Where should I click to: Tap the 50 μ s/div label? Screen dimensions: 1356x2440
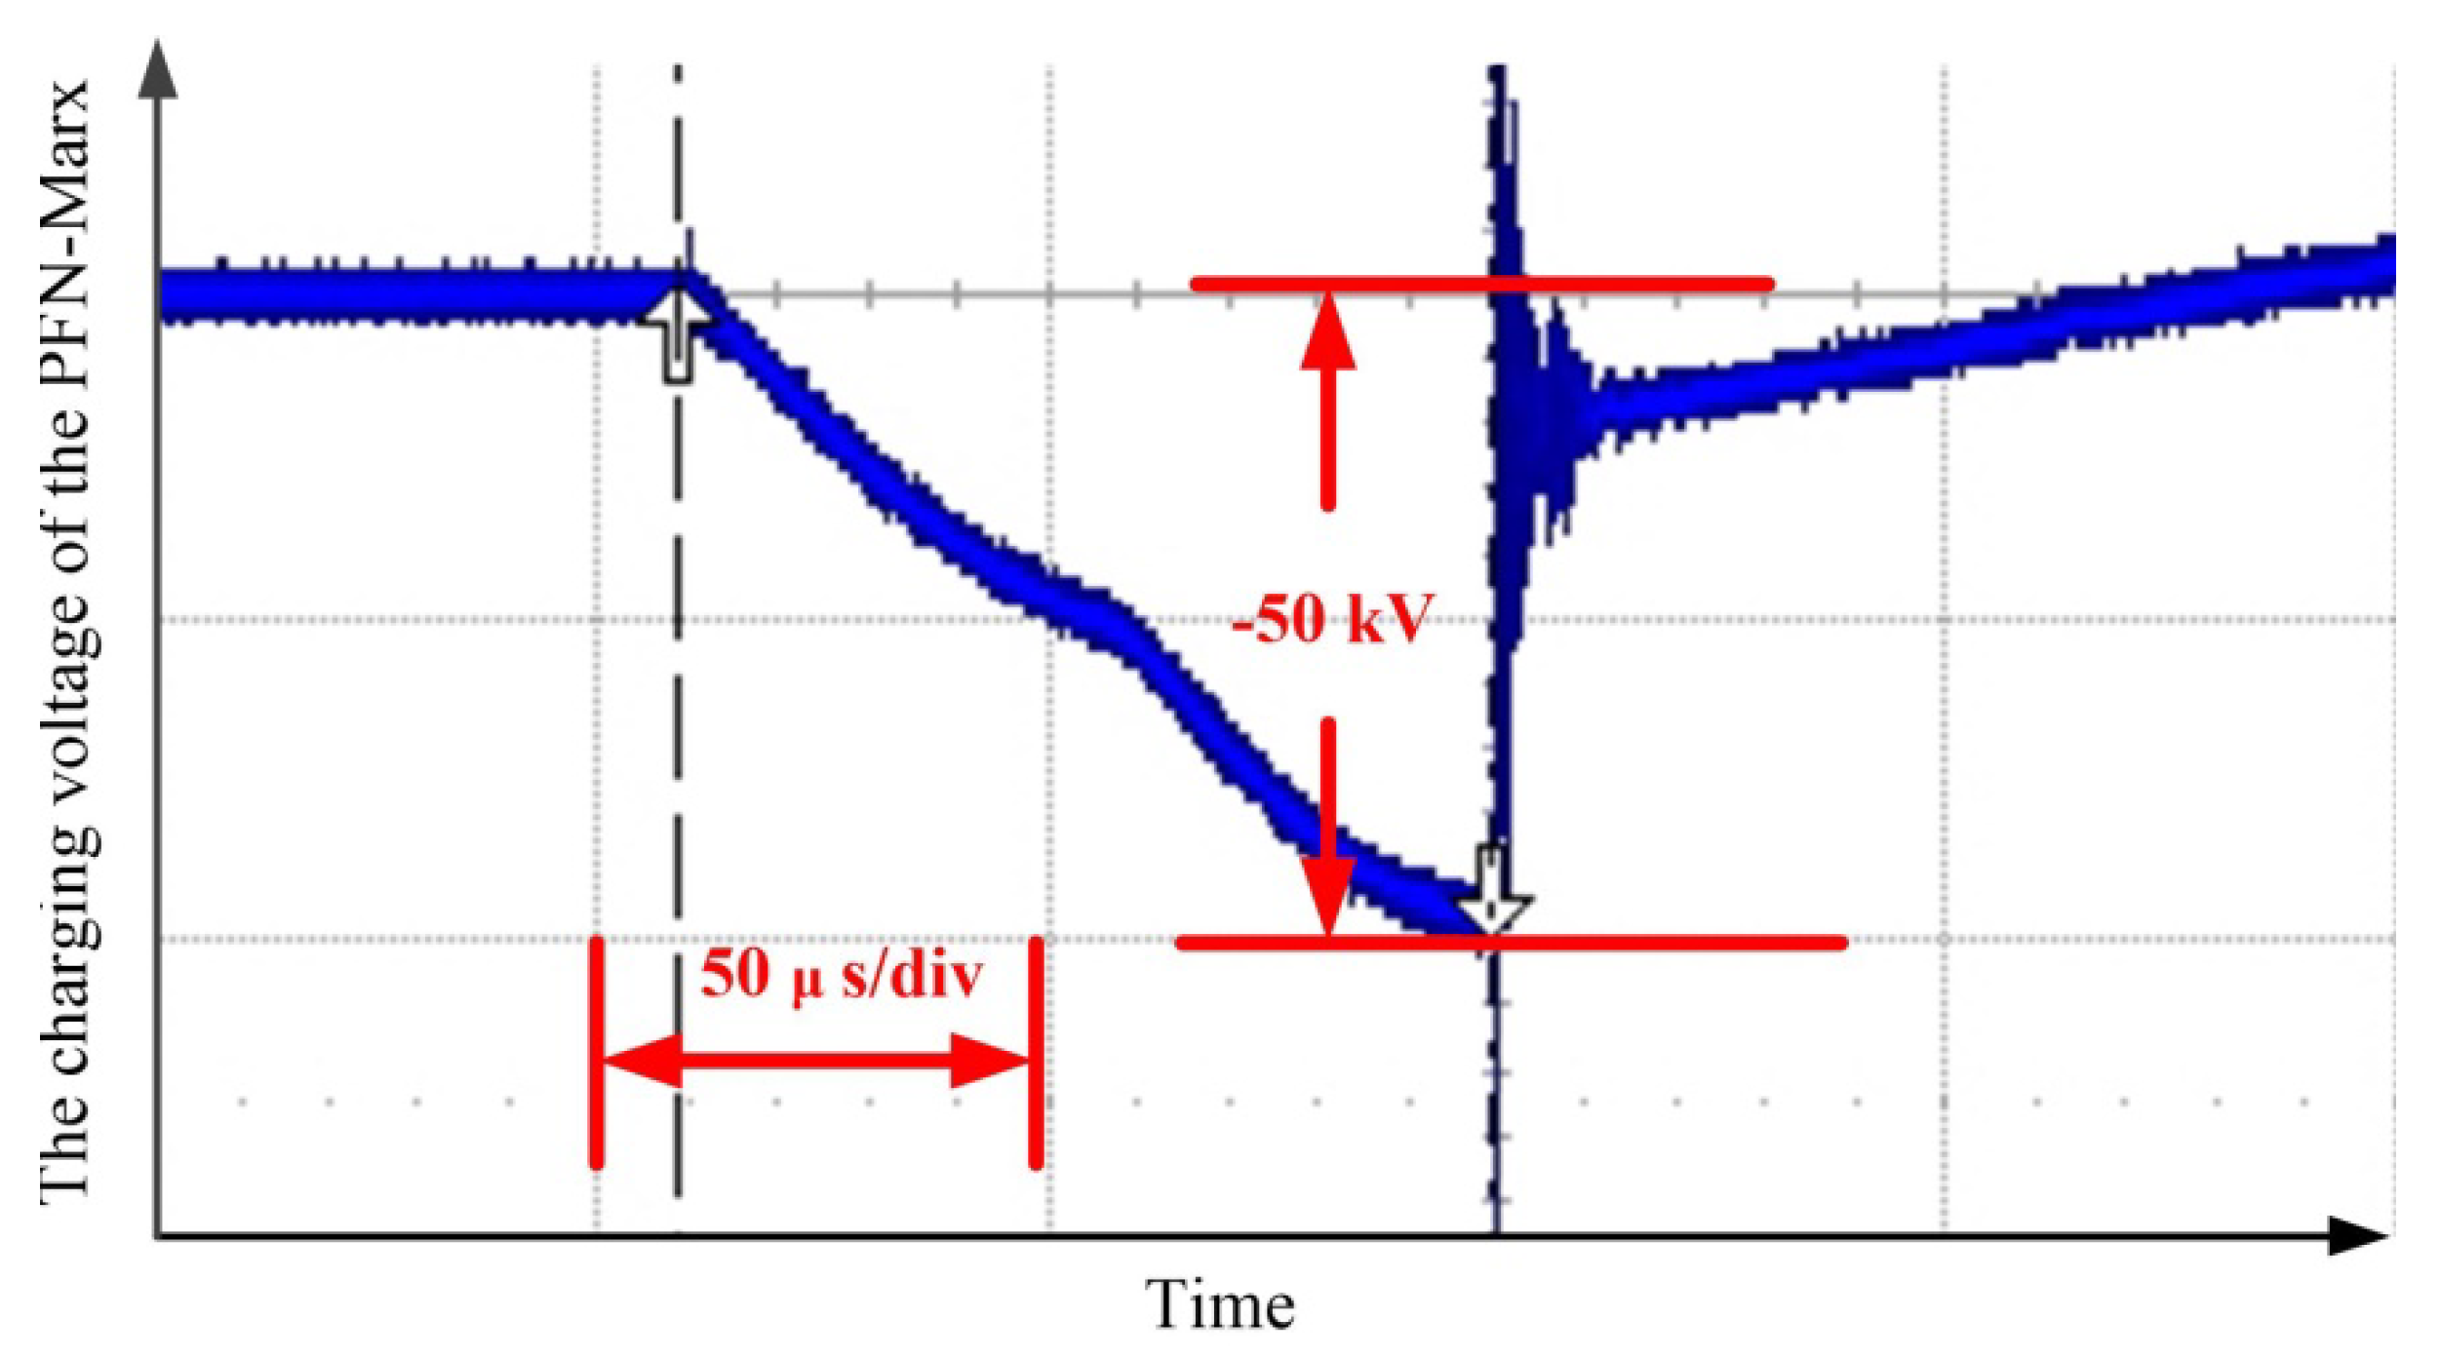pos(841,975)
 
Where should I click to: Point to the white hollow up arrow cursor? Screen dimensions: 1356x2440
pos(678,336)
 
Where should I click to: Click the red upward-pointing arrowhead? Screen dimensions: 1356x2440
pos(1327,331)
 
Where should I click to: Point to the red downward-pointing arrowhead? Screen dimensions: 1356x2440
pos(1327,892)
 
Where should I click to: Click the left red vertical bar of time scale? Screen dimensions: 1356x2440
pos(596,1052)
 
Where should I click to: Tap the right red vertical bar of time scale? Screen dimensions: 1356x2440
pos(1037,1052)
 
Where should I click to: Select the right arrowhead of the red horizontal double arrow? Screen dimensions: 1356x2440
pos(990,1061)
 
